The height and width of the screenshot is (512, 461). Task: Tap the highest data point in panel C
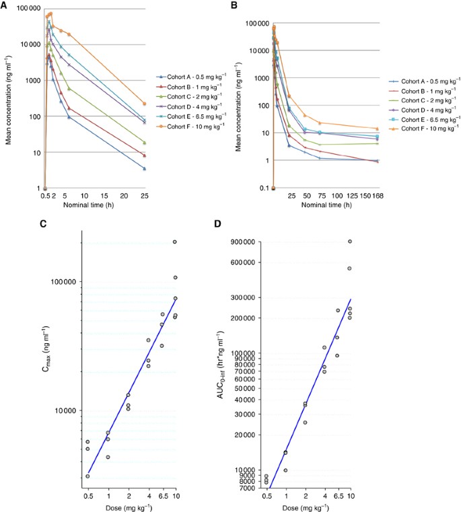point(175,242)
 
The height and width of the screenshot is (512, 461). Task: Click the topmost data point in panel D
point(350,242)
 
